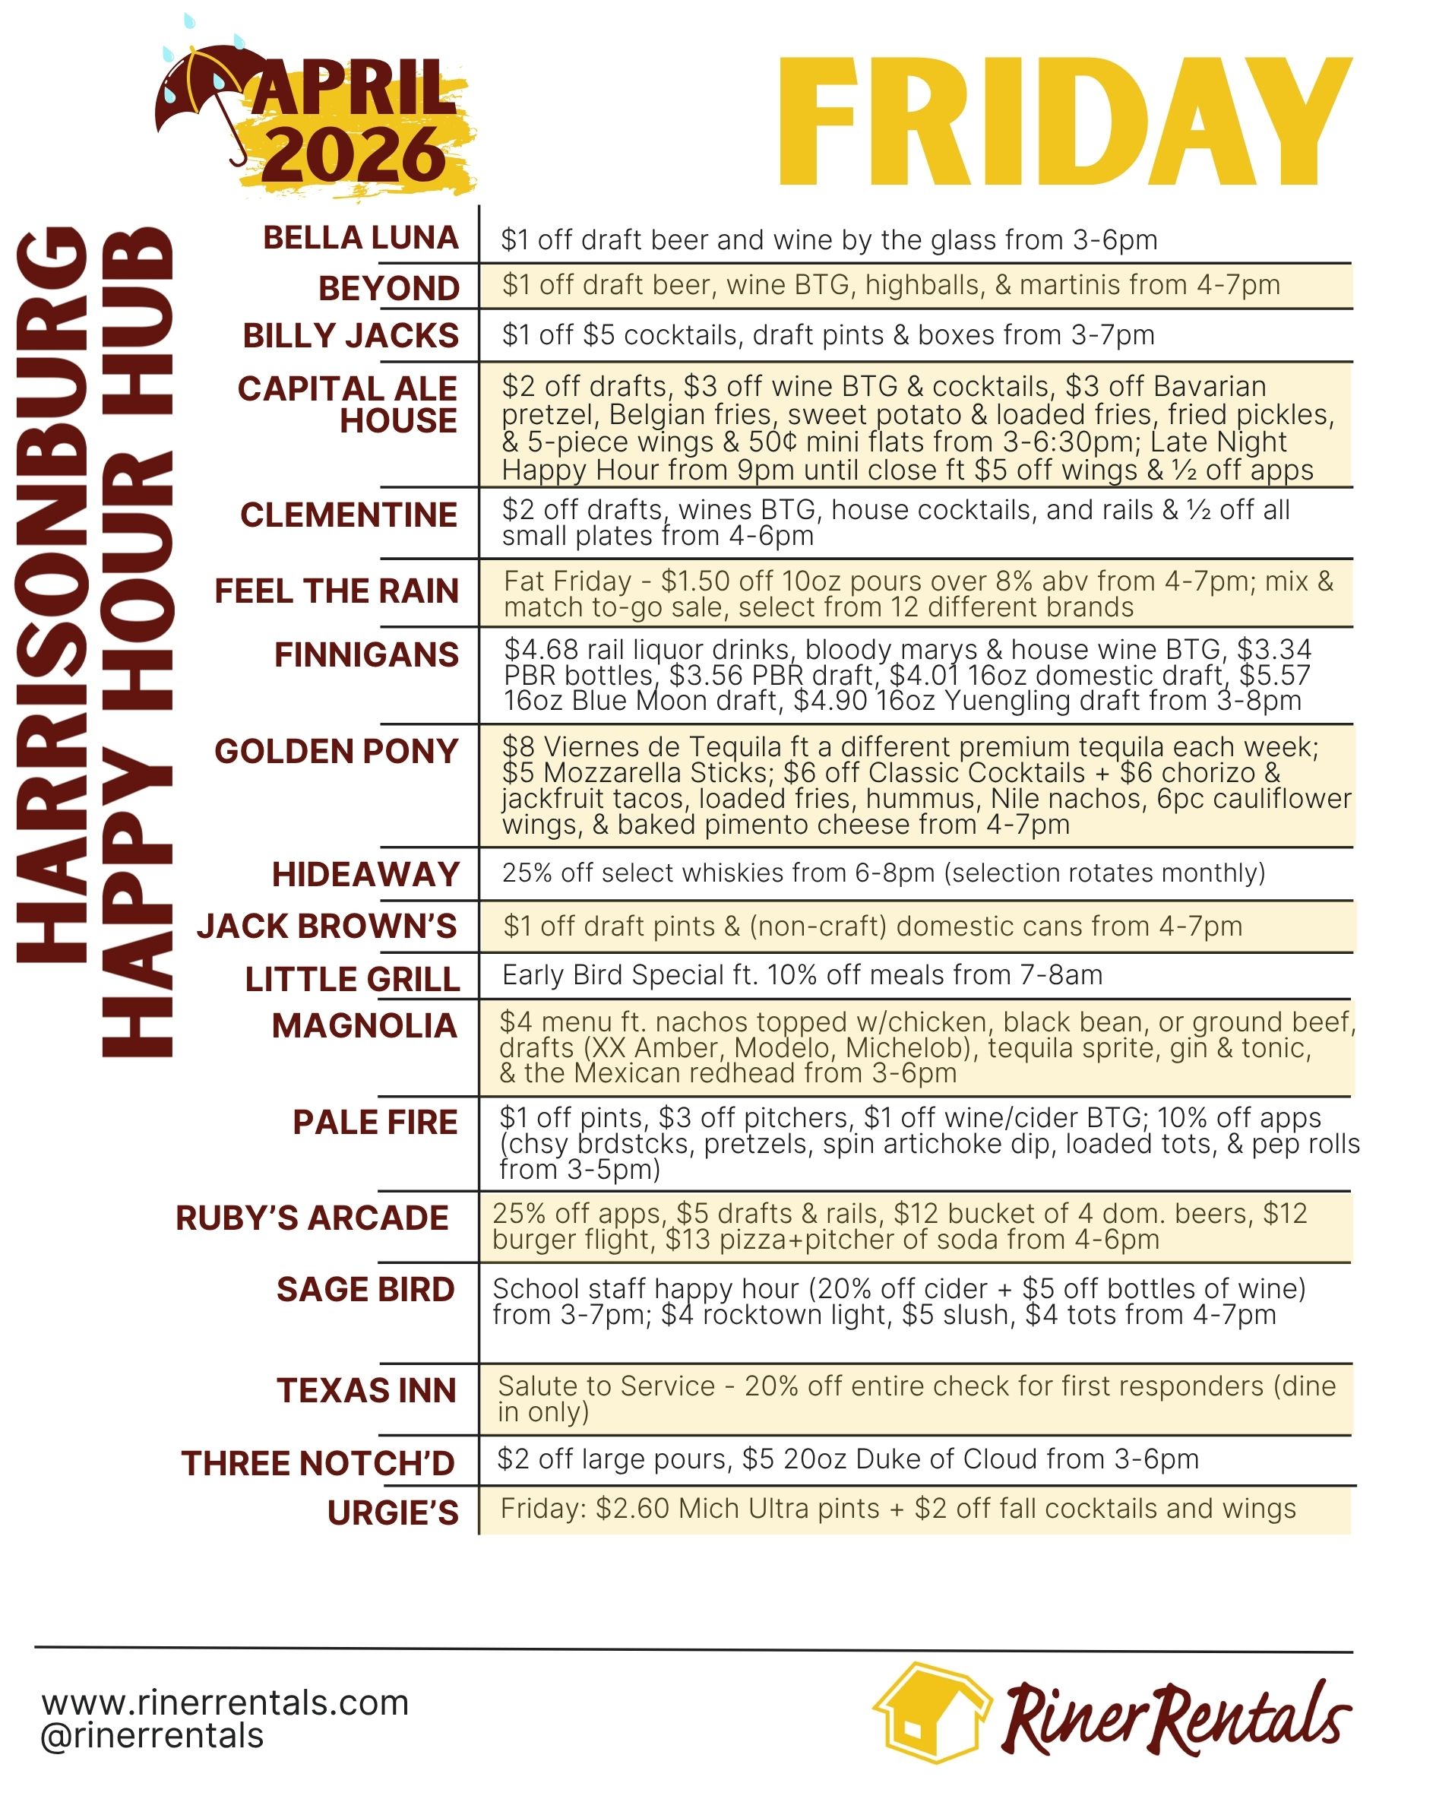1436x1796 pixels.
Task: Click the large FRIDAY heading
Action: (1064, 122)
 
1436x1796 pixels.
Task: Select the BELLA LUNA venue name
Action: (361, 237)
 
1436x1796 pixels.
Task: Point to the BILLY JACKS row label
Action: (351, 336)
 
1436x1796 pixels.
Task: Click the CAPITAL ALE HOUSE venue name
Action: (347, 405)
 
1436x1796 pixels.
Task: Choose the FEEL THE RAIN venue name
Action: (337, 591)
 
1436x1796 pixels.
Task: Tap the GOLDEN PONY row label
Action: (337, 752)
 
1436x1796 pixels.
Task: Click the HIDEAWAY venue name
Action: (365, 875)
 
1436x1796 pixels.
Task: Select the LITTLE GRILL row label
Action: (353, 979)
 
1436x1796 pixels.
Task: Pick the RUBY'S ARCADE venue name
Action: (312, 1218)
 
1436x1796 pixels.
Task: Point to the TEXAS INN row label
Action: (366, 1390)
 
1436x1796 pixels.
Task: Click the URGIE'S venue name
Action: (393, 1512)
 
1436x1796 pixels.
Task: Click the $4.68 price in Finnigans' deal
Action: (540, 649)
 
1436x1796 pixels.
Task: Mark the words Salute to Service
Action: (606, 1386)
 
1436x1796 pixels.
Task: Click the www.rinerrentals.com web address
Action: (225, 1703)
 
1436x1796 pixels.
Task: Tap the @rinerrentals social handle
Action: (153, 1736)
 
